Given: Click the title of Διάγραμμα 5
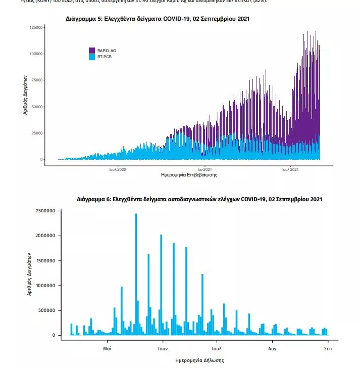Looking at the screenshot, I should (x=157, y=19).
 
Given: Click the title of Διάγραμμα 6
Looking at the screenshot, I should (x=199, y=200).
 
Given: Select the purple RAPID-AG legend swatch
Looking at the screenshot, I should (x=92, y=51).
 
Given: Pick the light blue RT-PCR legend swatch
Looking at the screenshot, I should (x=92, y=57).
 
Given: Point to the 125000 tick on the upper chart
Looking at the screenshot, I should (x=35, y=27).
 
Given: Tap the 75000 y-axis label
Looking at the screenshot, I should (x=36, y=80).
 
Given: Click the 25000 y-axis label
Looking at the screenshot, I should (x=36, y=133).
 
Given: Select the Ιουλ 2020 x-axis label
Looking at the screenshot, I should (x=117, y=169).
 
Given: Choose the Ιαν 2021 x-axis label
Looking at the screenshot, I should (x=204, y=169).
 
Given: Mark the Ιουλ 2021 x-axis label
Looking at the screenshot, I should (x=290, y=169).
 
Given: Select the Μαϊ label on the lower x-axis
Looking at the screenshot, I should (x=107, y=349).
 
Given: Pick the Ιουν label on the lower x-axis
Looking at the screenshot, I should (x=162, y=349).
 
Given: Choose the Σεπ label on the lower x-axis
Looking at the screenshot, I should (x=327, y=349).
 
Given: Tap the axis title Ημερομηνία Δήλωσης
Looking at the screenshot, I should (x=199, y=360).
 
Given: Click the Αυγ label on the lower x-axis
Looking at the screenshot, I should (x=272, y=349).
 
